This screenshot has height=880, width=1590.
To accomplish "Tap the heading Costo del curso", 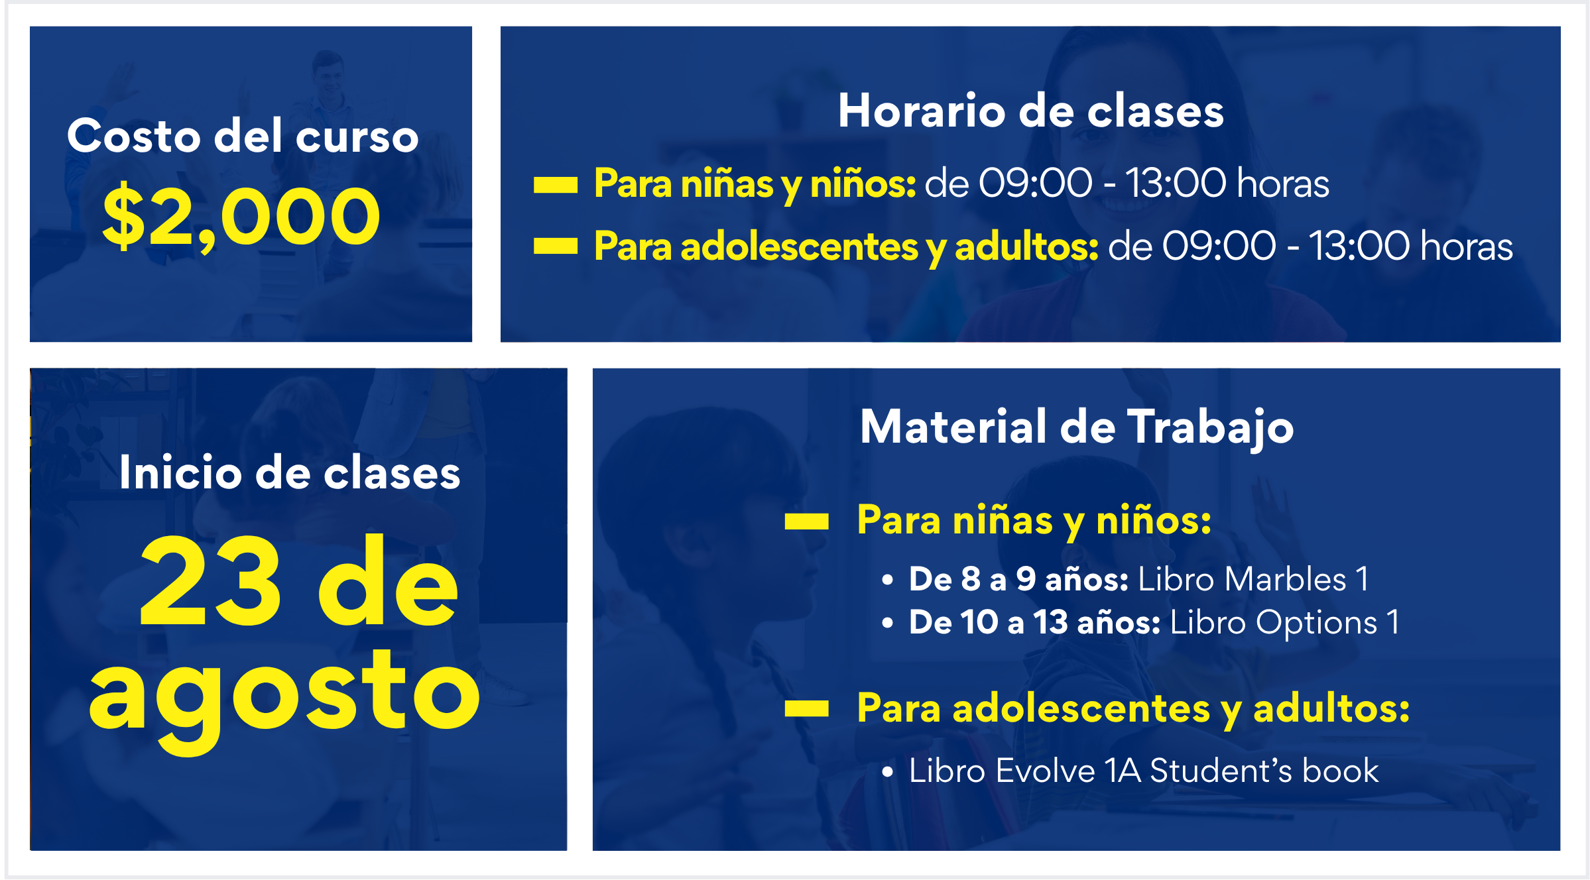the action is pyautogui.click(x=243, y=136).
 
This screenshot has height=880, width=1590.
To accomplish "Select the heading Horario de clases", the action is pyautogui.click(x=1031, y=110).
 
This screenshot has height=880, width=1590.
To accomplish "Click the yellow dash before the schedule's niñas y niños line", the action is pyautogui.click(x=556, y=185).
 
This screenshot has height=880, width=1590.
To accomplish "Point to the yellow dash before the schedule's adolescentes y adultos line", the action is pyautogui.click(x=556, y=247).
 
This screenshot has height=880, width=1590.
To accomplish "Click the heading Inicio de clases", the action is pyautogui.click(x=290, y=472).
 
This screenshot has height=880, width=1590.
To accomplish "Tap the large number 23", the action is pyautogui.click(x=211, y=581).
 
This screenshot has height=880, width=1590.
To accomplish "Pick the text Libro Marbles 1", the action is pyautogui.click(x=1253, y=579).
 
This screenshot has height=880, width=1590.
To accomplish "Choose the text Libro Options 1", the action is pyautogui.click(x=1285, y=623).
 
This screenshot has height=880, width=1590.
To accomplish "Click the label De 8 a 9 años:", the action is pyautogui.click(x=1018, y=579).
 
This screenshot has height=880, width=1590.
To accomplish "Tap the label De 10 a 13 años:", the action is pyautogui.click(x=1034, y=623).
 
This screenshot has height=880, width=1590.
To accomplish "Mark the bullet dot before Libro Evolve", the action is pyautogui.click(x=888, y=771).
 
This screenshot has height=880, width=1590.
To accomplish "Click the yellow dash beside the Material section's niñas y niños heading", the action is pyautogui.click(x=806, y=522).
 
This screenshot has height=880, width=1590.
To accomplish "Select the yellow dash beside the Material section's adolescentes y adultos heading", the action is pyautogui.click(x=806, y=709).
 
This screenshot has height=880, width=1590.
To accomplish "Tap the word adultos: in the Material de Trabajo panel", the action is pyautogui.click(x=1331, y=708).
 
